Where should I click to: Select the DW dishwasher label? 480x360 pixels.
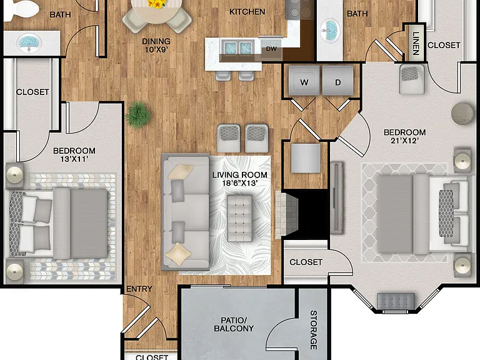[x=271, y=49]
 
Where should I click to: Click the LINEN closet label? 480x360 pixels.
[x=416, y=44]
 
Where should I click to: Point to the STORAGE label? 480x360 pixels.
[x=314, y=330]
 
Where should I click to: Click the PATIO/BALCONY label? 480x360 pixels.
[x=234, y=324]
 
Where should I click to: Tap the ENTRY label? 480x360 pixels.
[x=139, y=289]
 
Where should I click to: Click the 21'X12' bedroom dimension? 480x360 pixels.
[x=405, y=141]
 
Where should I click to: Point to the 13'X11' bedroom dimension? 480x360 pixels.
[x=74, y=159]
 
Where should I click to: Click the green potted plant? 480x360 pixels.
[x=139, y=114]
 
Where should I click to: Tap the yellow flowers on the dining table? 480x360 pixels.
[x=157, y=3]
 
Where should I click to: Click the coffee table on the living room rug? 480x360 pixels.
[x=240, y=218]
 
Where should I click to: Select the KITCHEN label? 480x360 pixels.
[x=247, y=12]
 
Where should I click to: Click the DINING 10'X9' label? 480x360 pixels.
[x=156, y=45]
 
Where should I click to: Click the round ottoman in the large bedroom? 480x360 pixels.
[x=462, y=114]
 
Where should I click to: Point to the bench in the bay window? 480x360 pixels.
[x=396, y=301]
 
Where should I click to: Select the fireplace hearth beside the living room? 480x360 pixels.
[x=286, y=215]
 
